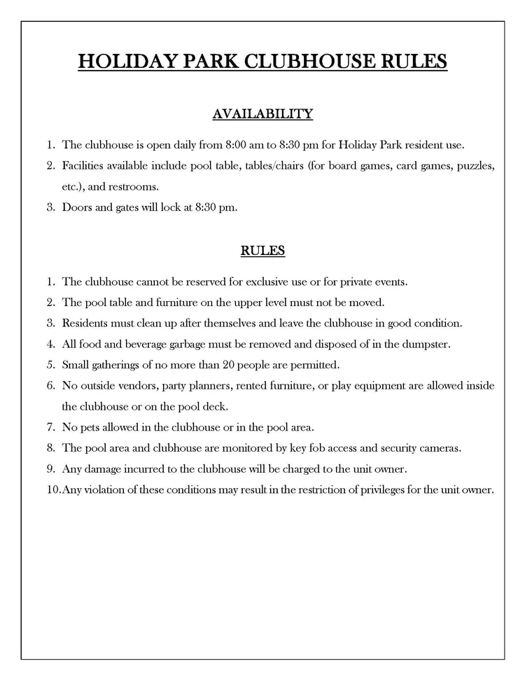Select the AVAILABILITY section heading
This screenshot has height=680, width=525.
262,113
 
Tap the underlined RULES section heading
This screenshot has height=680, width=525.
262,250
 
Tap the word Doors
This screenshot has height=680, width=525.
76,207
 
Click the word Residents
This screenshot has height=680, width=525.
86,324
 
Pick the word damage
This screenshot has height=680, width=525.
99,469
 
